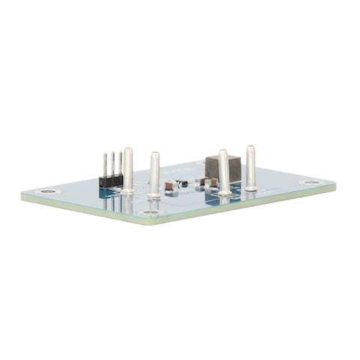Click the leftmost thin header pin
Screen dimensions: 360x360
105,164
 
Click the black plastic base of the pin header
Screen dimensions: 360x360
111,181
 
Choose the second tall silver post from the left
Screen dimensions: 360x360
154,175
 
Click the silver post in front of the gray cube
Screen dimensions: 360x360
223,172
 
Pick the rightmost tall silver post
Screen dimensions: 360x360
250,167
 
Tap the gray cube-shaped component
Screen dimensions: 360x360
222,168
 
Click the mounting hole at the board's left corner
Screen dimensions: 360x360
49,191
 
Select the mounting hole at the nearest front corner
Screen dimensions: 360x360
152,212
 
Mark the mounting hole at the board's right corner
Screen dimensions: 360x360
310,182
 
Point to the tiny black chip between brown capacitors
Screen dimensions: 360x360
182,183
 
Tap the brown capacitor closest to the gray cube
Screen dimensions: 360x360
209,181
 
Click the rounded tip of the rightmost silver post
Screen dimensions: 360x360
250,148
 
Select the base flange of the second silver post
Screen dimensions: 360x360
154,197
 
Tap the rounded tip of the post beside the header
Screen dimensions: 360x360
128,150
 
